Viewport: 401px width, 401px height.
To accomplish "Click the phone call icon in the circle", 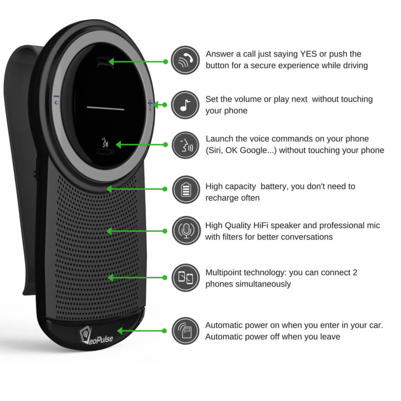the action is tap(185, 60).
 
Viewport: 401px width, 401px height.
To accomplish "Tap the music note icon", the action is tap(185, 105).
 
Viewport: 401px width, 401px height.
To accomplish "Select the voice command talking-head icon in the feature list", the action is tap(185, 145).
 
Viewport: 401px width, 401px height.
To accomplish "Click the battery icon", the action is tap(186, 190).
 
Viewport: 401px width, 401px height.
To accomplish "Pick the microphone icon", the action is tap(186, 230).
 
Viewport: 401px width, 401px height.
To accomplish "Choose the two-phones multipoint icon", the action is tap(186, 278).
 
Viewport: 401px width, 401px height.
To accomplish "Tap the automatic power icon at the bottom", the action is tap(185, 331).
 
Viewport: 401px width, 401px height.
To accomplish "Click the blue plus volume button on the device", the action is tap(150, 103).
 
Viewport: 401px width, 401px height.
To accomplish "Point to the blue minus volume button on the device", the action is tap(56, 96).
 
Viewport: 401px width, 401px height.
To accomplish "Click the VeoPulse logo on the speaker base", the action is tap(96, 336).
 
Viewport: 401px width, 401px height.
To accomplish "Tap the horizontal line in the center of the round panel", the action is tap(106, 108).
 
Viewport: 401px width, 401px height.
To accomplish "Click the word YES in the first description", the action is tap(309, 54).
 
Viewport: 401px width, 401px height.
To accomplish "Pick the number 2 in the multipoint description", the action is tap(355, 273).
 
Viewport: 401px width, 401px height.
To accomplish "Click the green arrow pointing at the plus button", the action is tap(160, 105).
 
